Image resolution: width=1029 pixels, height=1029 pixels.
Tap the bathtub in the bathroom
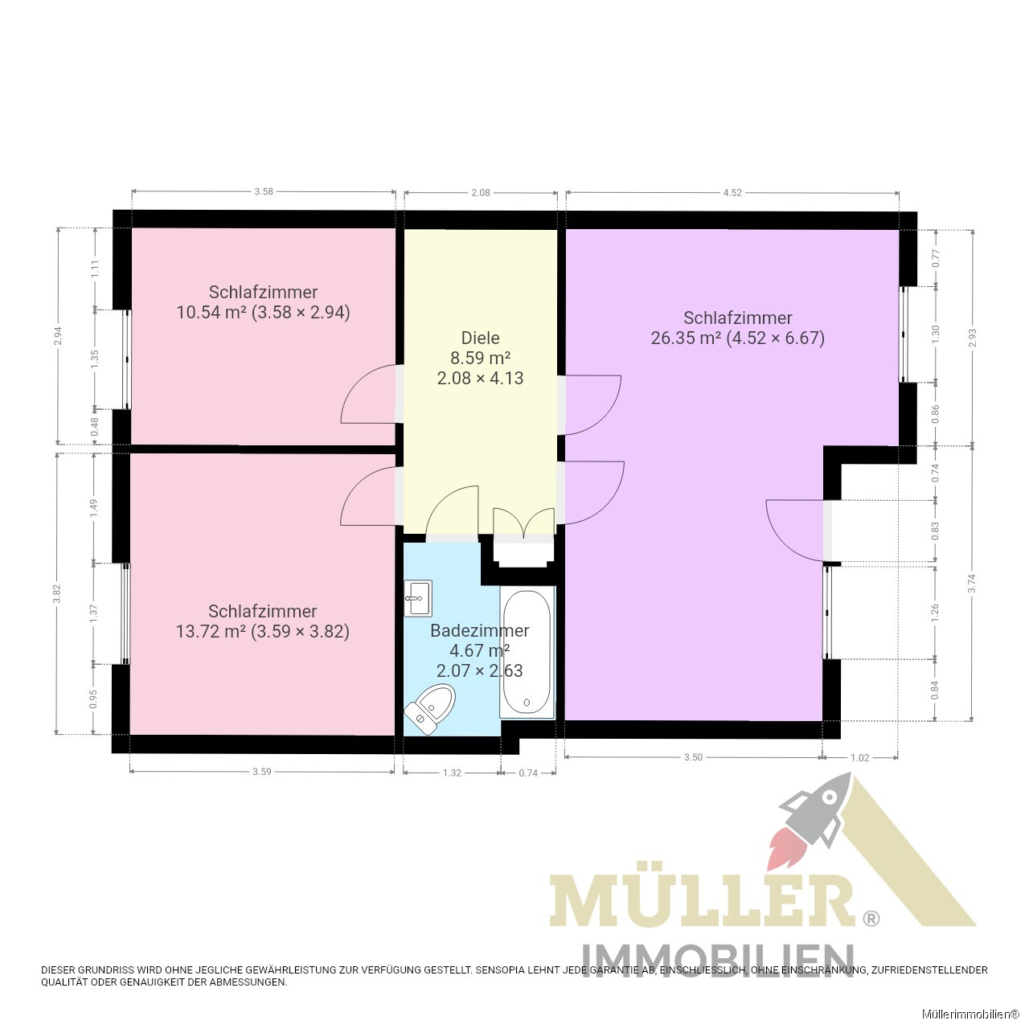[x=527, y=652]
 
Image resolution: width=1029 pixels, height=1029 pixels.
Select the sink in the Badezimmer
[x=417, y=598]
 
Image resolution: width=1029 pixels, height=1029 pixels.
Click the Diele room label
[x=480, y=338]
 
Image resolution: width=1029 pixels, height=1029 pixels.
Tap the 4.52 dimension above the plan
[x=732, y=193]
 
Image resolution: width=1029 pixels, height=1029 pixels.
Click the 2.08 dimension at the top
[x=481, y=193]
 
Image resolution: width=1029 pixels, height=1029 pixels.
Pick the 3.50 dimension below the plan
[x=693, y=757]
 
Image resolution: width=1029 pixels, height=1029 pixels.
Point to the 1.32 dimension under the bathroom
[x=452, y=773]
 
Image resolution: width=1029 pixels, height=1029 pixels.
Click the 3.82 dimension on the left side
[x=57, y=593]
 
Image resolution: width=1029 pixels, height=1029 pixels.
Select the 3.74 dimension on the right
[x=973, y=583]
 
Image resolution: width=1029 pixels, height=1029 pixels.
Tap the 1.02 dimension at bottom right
[x=859, y=757]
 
